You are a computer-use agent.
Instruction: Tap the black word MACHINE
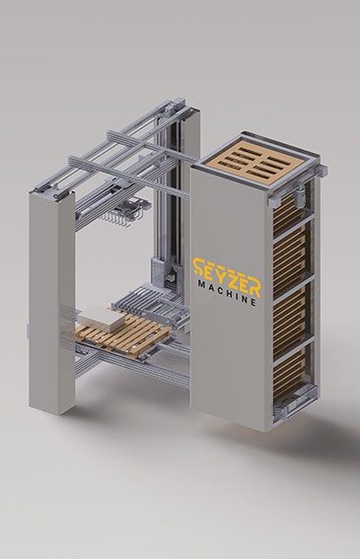click(x=227, y=293)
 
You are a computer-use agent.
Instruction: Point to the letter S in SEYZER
click(x=198, y=267)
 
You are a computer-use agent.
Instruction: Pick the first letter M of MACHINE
click(x=200, y=285)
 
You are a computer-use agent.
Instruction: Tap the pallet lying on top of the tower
click(x=253, y=165)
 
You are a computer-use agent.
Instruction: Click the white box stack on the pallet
click(x=99, y=319)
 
